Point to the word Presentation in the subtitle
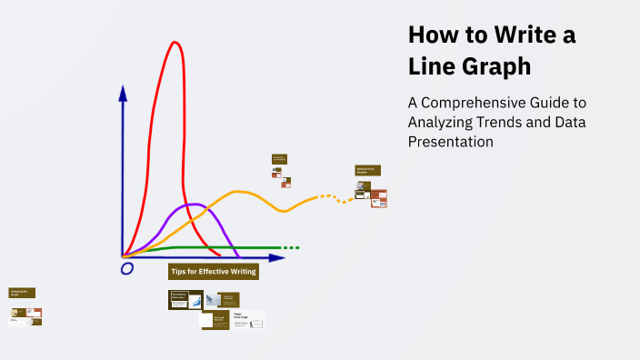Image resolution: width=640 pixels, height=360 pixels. pyautogui.click(x=451, y=142)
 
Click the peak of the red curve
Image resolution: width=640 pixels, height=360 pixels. pyautogui.click(x=175, y=43)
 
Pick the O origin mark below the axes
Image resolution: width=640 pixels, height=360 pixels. pyautogui.click(x=127, y=268)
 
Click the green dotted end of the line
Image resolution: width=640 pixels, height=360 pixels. pyautogui.click(x=290, y=248)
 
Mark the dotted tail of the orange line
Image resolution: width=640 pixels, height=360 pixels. pyautogui.click(x=336, y=197)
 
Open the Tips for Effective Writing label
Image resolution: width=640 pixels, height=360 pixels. pyautogui.click(x=214, y=272)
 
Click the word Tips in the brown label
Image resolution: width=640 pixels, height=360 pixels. pyautogui.click(x=179, y=272)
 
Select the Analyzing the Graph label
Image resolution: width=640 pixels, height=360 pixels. pyautogui.click(x=22, y=293)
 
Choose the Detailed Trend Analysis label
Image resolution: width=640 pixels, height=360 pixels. pyautogui.click(x=367, y=170)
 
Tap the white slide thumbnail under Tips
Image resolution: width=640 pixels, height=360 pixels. pyautogui.click(x=248, y=319)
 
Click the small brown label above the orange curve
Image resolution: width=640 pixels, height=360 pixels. pyautogui.click(x=279, y=159)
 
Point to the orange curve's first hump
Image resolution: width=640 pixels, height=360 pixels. pyautogui.click(x=239, y=192)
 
